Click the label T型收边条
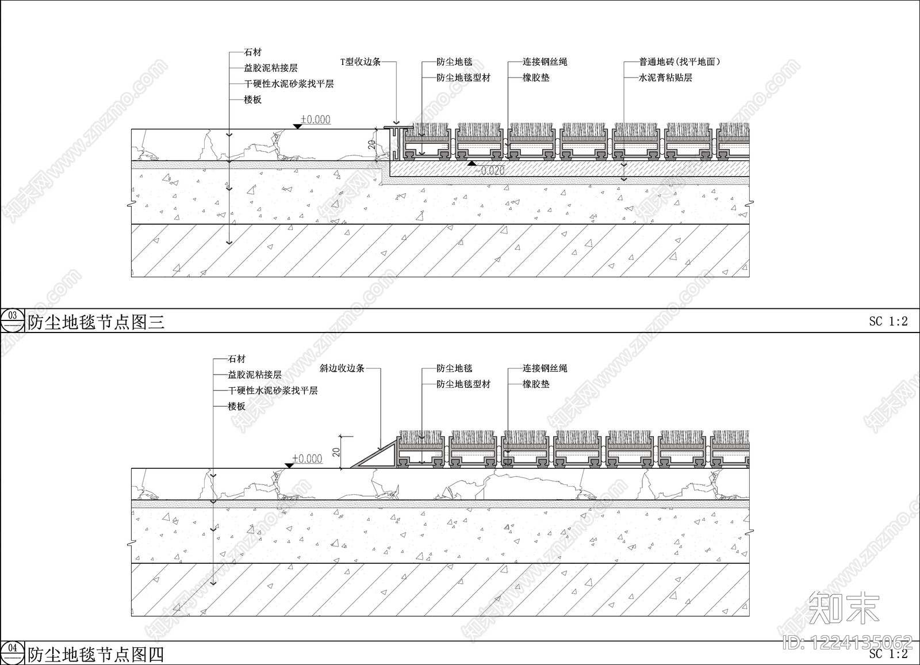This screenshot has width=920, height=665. point(361,62)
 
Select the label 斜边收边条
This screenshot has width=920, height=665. point(342,368)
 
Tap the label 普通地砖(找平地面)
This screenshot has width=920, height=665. point(679,62)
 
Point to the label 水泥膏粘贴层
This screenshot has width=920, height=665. point(665,78)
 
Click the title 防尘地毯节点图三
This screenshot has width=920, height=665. point(96,322)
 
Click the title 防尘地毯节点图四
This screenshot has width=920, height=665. point(95,654)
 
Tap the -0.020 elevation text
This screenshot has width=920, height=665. point(490,171)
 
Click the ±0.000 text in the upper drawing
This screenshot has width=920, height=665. point(316,120)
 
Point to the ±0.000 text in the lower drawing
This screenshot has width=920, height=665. point(307,458)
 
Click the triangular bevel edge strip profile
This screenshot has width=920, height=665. point(374,456)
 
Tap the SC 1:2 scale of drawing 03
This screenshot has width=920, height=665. point(888,321)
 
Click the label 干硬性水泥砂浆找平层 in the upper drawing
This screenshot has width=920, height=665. point(289,84)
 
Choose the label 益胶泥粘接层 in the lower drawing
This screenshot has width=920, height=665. point(255,375)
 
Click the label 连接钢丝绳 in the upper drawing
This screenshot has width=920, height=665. point(545,62)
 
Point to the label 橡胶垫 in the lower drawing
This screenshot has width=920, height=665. point(536,384)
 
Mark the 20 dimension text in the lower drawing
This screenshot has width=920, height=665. point(336,452)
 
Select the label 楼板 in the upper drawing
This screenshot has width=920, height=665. point(252,100)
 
